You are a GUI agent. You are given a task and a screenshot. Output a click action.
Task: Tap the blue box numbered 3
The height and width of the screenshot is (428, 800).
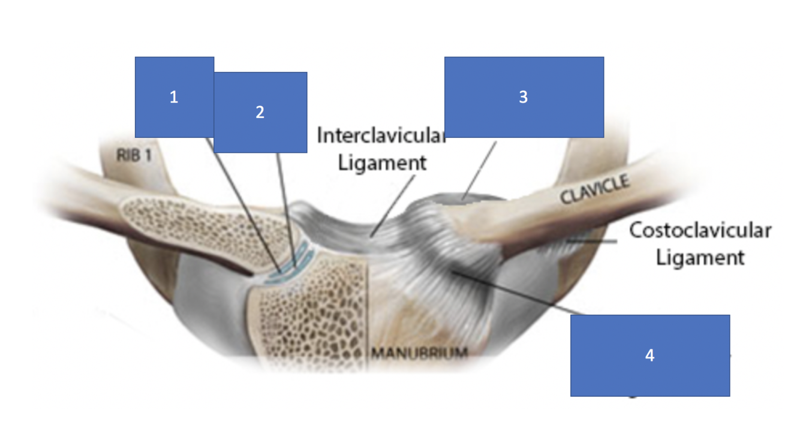coord(524,97)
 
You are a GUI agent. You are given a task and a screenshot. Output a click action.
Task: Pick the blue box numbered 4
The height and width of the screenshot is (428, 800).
coord(650,355)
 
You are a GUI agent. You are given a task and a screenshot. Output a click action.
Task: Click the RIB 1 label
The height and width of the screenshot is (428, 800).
coord(134,156)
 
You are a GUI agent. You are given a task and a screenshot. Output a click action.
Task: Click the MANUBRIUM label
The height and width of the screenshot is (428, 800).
coord(419,352)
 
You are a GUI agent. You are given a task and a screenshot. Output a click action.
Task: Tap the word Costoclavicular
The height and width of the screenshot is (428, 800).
coord(700,230)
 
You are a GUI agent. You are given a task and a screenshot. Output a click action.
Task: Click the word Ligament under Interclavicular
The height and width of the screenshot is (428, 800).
coord(382,162)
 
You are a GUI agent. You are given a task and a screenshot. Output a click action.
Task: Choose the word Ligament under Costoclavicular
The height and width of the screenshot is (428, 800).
coord(700,258)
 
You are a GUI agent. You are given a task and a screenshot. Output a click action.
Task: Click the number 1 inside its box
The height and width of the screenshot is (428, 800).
coord(174,97)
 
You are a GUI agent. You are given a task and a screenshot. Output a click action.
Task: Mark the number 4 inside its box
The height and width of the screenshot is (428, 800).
coord(650,355)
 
